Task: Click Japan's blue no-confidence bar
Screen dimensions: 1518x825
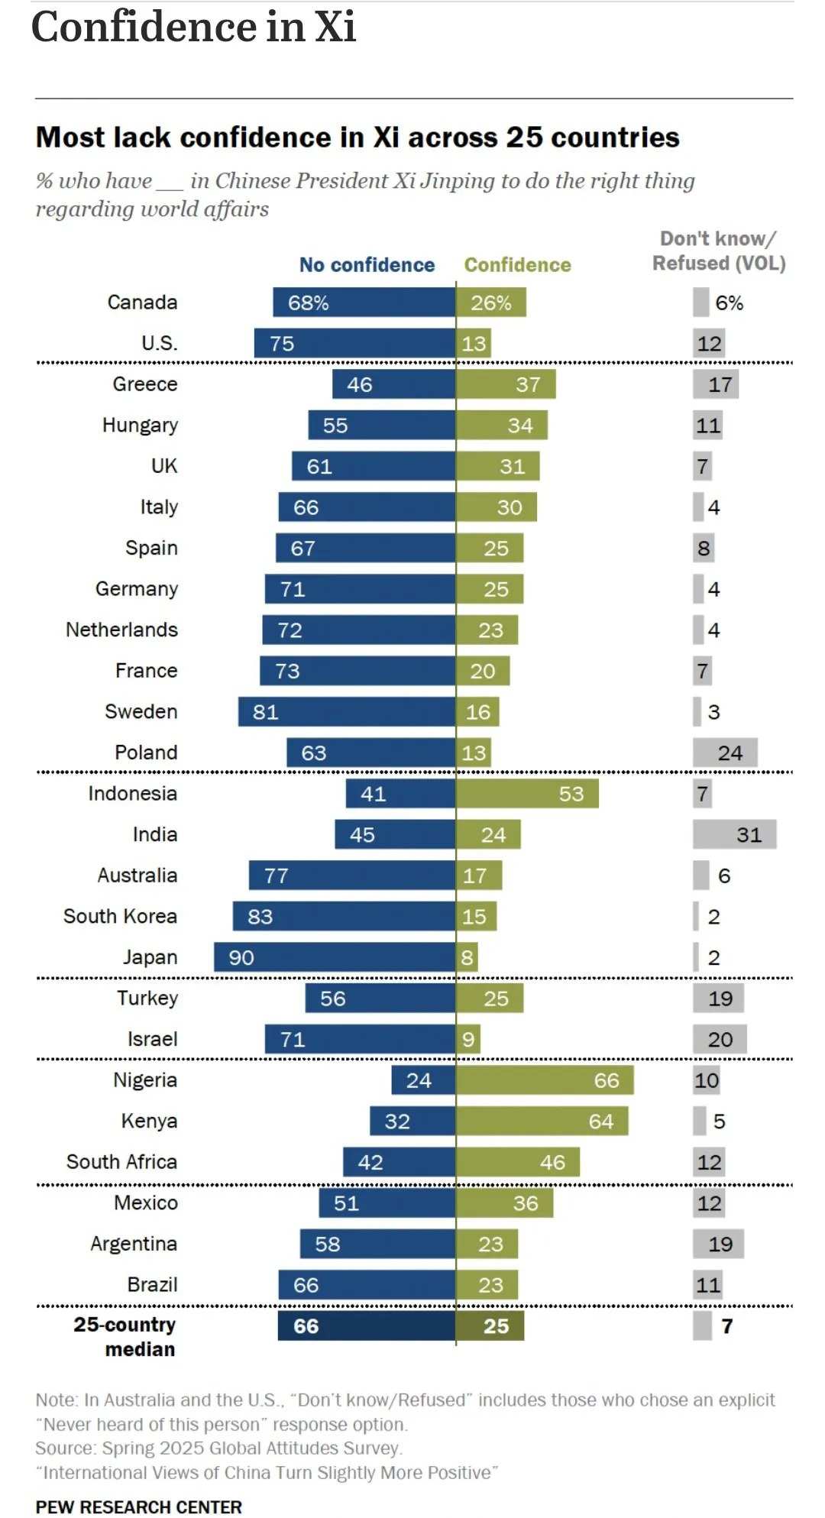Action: coord(335,957)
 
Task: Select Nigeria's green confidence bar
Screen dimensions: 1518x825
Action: coord(545,1080)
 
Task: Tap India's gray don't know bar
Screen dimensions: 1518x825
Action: coord(734,834)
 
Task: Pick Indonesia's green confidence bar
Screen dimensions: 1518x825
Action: coord(527,794)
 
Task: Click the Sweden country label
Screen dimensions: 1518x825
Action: coord(141,711)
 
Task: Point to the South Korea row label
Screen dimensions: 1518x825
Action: coord(120,916)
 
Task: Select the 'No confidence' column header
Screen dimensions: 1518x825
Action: coord(367,265)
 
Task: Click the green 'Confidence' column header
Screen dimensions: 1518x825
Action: coord(517,265)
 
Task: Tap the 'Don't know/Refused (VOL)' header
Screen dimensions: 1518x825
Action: coord(718,251)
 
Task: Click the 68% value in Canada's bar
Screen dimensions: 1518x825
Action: coord(308,303)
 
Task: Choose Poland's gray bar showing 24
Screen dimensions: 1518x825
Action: coord(725,753)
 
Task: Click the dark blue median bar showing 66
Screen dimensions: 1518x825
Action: coord(367,1326)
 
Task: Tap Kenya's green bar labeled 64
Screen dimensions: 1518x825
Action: coord(542,1121)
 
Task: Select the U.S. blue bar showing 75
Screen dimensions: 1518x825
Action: coord(354,344)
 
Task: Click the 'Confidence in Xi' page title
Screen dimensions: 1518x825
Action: coord(193,28)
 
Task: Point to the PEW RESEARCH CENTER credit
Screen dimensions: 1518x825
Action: coord(138,1507)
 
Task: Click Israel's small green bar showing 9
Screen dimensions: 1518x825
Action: coord(468,1039)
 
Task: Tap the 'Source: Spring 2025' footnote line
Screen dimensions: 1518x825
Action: coord(218,1448)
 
